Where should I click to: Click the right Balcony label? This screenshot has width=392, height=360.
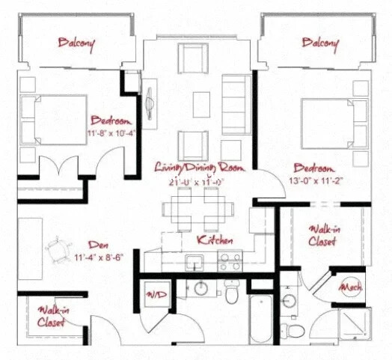pos(321,43)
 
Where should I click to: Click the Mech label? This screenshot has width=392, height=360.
pos(352,287)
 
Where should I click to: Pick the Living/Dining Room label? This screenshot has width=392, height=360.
pos(199,167)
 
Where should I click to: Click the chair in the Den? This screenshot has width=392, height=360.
pos(58,250)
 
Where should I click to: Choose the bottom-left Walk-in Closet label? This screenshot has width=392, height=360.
pos(50,315)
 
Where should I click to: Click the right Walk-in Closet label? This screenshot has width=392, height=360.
pos(322,236)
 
